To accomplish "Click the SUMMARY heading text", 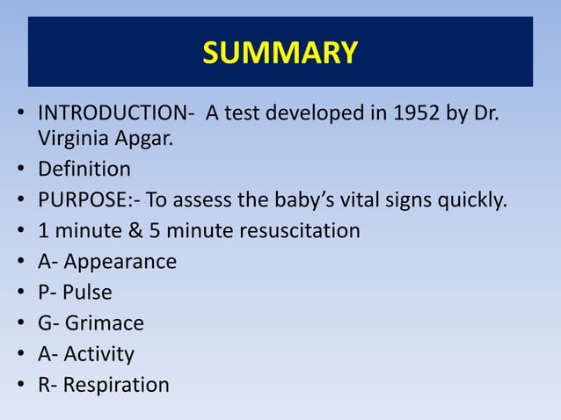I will pyautogui.click(x=280, y=53).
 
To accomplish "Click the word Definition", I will pyautogui.click(x=84, y=169).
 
